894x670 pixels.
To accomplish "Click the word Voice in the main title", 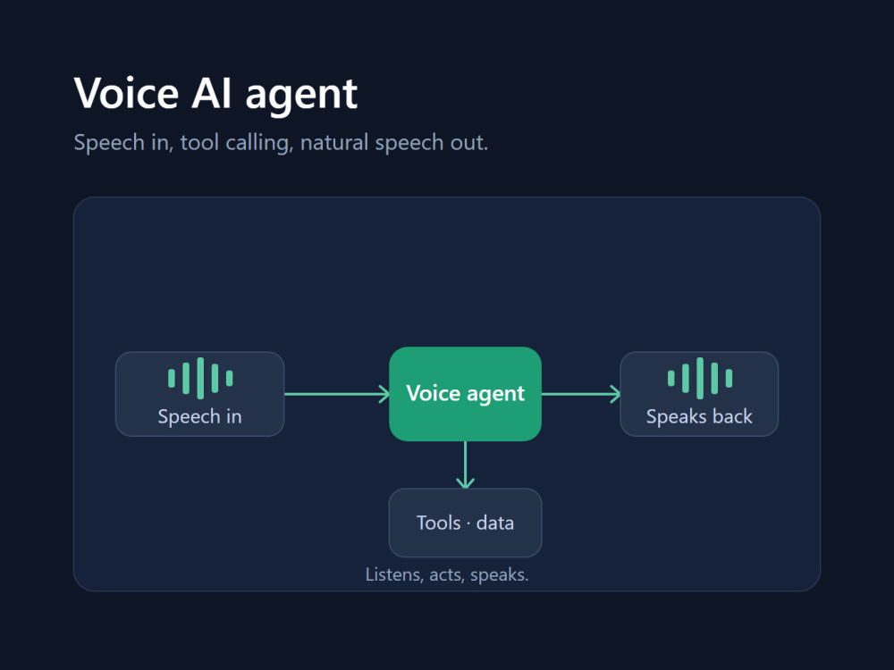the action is (127, 94).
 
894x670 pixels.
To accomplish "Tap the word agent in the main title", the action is (301, 96).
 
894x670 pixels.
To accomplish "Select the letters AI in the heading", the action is (212, 94).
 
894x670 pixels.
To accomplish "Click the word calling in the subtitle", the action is (259, 142).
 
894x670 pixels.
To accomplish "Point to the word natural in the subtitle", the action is (334, 142).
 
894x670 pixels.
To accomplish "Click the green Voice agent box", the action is (465, 394).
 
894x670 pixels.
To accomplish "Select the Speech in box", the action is (199, 394).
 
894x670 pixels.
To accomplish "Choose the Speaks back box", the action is (699, 394).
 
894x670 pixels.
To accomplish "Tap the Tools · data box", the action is (465, 523).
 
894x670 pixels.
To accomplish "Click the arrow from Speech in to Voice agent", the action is (337, 394).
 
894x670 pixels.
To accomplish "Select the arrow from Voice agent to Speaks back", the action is (581, 394).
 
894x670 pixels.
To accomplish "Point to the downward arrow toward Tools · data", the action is (465, 465).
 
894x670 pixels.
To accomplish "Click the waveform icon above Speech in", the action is (200, 378).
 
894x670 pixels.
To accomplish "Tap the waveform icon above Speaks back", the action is (700, 378).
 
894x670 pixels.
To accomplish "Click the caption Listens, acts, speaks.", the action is (447, 574).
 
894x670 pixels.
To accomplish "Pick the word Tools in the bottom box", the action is (438, 523).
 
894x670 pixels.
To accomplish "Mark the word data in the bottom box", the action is (495, 523).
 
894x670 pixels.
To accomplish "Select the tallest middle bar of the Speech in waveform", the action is (200, 378).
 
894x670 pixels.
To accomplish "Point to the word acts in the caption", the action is (446, 574).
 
